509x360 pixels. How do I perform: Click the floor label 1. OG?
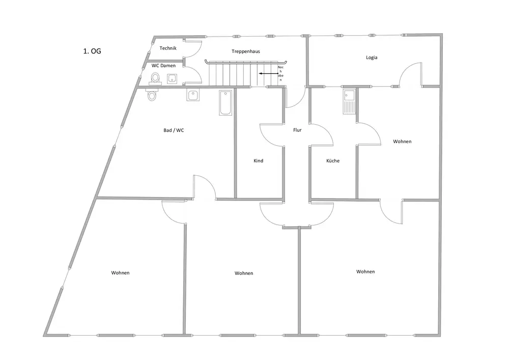point(92,51)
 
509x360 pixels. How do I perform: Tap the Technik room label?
point(167,48)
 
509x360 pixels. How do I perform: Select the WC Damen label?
point(163,66)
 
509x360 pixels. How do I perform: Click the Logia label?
point(372,58)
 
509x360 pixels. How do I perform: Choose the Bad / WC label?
point(174,130)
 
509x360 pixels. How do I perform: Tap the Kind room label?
point(259,161)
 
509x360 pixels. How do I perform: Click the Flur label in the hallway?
point(297,130)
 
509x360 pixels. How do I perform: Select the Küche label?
point(333,161)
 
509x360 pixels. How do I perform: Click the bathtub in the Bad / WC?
point(225,102)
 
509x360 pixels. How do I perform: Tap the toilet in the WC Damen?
point(155,78)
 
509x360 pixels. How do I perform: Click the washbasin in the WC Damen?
point(172,78)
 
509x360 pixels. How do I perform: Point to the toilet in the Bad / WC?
point(152,95)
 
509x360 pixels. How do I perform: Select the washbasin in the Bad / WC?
point(193,95)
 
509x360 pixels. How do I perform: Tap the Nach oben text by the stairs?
point(280,74)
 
